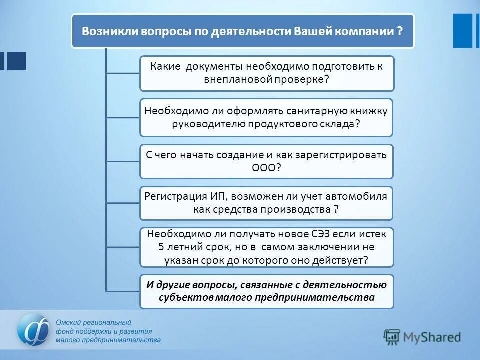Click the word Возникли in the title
[106, 31]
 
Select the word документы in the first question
[215, 66]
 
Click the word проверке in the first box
[302, 80]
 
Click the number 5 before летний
[161, 247]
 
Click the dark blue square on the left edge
[17, 61]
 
